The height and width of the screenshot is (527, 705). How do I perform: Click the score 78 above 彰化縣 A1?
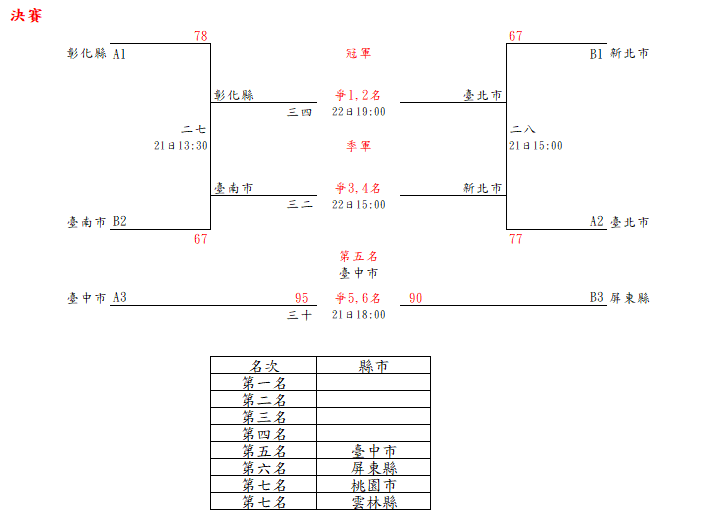201,36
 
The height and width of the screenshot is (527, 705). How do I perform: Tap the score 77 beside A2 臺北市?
515,239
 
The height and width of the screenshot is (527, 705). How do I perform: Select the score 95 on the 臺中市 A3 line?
302,298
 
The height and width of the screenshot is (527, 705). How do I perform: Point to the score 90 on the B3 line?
416,298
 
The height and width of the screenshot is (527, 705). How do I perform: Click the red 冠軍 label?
358,53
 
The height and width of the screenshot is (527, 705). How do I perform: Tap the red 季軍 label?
358,146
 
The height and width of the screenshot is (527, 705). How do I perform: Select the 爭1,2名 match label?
358,96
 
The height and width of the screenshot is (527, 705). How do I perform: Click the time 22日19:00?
359,111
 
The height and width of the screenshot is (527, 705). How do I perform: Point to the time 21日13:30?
181,145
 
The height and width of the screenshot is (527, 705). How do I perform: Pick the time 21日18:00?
359,314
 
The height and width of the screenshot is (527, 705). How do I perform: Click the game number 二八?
523,130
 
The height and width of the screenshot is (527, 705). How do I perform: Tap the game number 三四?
300,111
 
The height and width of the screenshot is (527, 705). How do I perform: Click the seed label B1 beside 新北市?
596,54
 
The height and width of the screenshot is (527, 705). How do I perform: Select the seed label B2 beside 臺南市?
119,222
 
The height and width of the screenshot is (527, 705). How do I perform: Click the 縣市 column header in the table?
373,366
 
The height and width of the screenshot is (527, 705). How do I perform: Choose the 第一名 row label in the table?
264,383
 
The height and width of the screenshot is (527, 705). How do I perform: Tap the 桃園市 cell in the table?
373,485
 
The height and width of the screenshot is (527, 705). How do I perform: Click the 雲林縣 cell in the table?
373,502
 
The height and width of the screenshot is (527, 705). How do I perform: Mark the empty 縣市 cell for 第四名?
373,434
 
